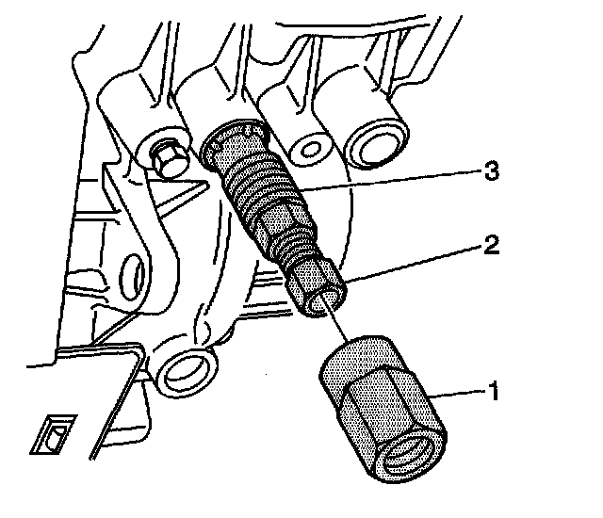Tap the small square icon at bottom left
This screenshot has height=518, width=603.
point(51,434)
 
